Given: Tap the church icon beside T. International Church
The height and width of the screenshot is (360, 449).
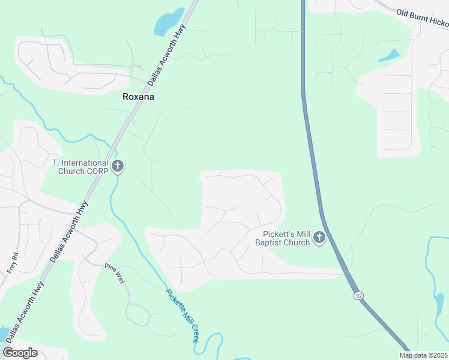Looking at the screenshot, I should [x=118, y=166].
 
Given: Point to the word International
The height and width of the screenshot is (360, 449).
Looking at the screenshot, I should [x=84, y=163].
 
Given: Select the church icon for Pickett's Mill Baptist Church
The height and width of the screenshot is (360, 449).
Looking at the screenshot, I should [x=319, y=238].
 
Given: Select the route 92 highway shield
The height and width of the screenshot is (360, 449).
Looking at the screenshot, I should [x=358, y=296].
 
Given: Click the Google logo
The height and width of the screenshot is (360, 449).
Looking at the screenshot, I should [x=20, y=352].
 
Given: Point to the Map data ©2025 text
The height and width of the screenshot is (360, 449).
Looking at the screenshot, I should [x=423, y=355].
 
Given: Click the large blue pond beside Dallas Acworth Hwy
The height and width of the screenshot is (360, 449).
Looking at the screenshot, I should [x=169, y=22].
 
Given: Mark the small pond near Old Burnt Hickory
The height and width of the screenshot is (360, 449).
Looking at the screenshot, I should [x=388, y=56].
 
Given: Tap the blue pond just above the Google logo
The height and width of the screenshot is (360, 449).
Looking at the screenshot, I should [x=3, y=334].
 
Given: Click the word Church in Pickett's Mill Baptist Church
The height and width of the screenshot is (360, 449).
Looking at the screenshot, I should [x=298, y=243].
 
